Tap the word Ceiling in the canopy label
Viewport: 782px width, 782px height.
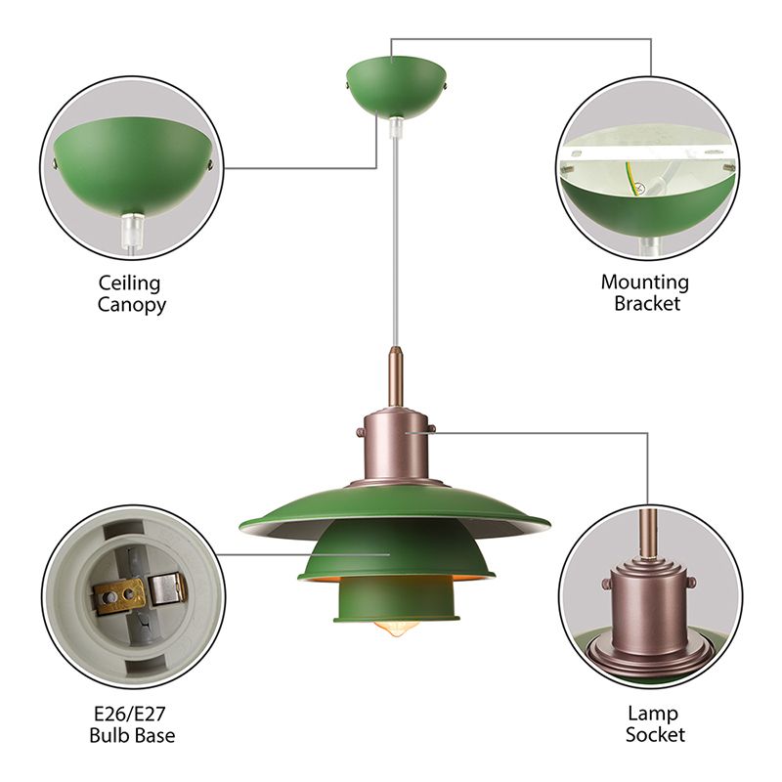click(x=128, y=283)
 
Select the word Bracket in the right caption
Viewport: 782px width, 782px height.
click(x=646, y=303)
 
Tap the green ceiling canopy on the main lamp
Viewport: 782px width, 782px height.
click(x=396, y=88)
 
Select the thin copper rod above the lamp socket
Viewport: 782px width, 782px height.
click(x=395, y=376)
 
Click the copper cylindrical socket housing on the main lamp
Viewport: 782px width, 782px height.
click(x=395, y=445)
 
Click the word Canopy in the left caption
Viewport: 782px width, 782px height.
click(x=131, y=304)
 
